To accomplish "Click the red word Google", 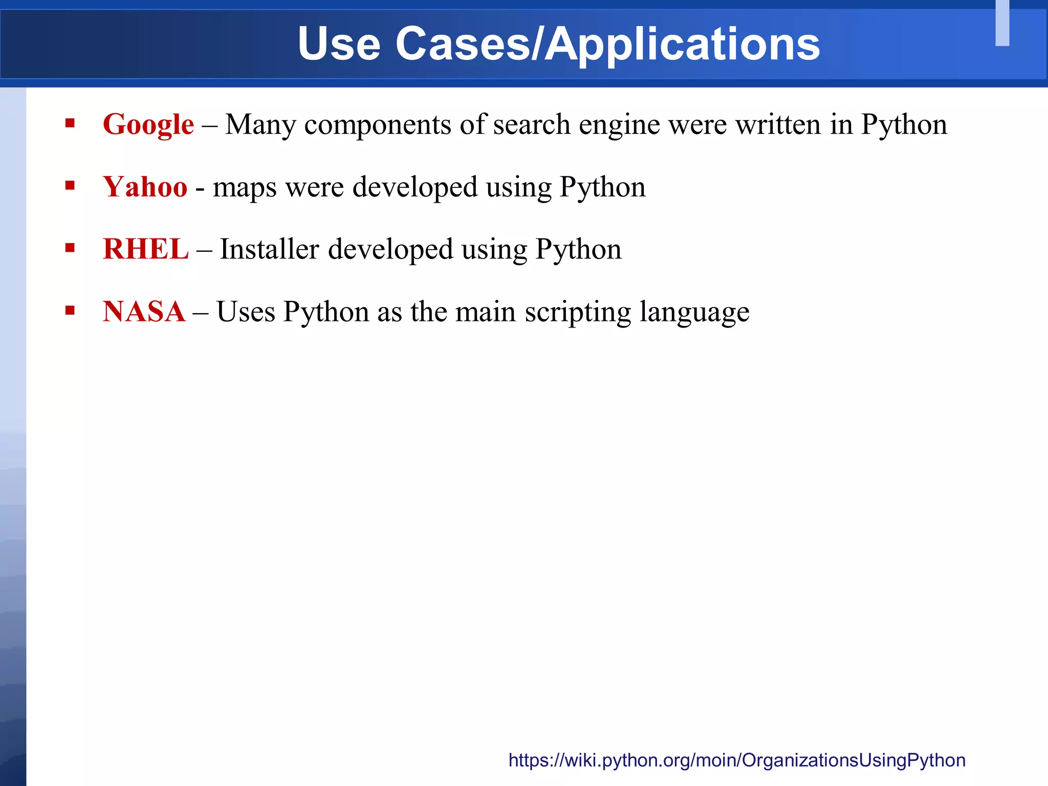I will pyautogui.click(x=148, y=124).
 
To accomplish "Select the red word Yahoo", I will pyautogui.click(x=145, y=187).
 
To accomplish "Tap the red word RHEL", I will pyautogui.click(x=146, y=249).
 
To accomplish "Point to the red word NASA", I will pyautogui.click(x=144, y=312).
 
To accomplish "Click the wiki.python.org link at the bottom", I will pyautogui.click(x=737, y=760).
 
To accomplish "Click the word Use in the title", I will pyautogui.click(x=339, y=44).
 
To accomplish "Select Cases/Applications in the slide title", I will pyautogui.click(x=607, y=45).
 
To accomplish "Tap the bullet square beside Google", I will pyautogui.click(x=70, y=123).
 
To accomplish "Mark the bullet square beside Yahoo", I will pyautogui.click(x=70, y=185).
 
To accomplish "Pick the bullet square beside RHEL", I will pyautogui.click(x=70, y=248).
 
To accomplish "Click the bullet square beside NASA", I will pyautogui.click(x=70, y=310).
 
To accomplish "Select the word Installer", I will pyautogui.click(x=269, y=249).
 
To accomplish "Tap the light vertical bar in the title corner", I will pyautogui.click(x=1002, y=23).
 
